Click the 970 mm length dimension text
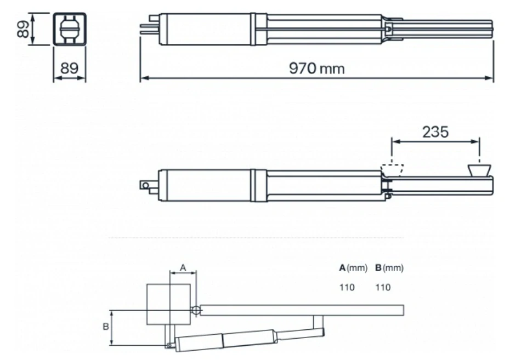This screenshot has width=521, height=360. click(317, 69)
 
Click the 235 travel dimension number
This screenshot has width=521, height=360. click(435, 132)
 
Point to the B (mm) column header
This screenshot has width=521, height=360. click(389, 268)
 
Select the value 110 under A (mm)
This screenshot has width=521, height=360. click(347, 287)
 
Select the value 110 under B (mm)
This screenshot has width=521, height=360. click(383, 287)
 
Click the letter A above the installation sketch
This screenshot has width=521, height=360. click(184, 267)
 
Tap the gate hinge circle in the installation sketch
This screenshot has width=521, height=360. click(196, 311)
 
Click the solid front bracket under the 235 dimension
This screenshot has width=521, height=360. click(480, 169)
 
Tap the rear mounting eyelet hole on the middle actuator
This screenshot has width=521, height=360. click(145, 185)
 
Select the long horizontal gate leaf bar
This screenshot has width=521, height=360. click(302, 310)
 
